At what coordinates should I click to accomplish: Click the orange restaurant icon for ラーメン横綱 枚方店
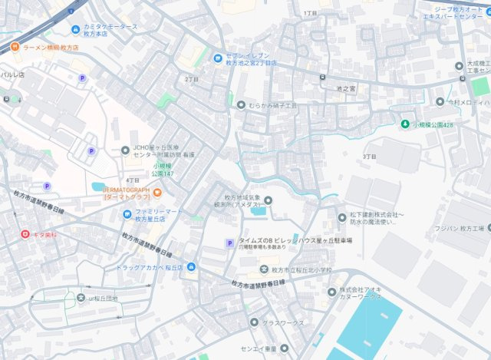[x=15, y=48]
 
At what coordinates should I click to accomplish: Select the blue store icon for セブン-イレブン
[x=218, y=57]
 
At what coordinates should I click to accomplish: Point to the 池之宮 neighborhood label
[x=346, y=89]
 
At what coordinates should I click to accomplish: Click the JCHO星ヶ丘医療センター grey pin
[x=126, y=150]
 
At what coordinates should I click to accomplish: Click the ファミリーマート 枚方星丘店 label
[x=159, y=214]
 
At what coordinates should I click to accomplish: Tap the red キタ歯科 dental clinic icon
[x=25, y=233]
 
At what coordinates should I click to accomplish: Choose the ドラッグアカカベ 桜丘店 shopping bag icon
[x=191, y=267]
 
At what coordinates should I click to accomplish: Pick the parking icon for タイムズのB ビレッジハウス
[x=228, y=243]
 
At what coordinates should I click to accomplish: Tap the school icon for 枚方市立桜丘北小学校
[x=262, y=270]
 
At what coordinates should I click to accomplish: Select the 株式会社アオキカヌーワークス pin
[x=332, y=292]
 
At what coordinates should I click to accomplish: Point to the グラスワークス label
[x=283, y=322]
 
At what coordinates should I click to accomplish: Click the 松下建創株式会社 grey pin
[x=343, y=217]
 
